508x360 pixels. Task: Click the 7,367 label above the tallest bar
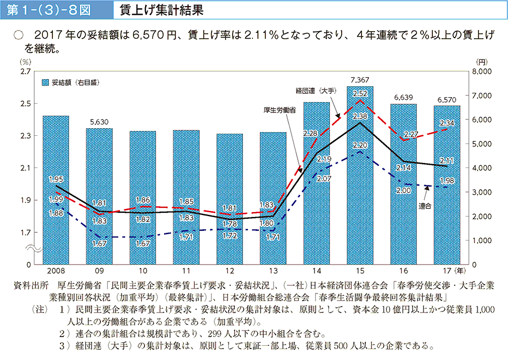(x=360, y=80)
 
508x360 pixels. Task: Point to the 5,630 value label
(x=99, y=123)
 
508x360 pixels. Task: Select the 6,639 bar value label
(x=403, y=98)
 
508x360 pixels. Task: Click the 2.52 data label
(x=360, y=93)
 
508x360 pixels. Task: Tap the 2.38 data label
(x=360, y=116)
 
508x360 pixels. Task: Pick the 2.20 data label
(x=360, y=145)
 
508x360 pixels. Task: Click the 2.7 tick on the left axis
(x=25, y=71)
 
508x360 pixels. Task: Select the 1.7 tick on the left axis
(x=25, y=233)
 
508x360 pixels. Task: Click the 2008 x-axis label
(x=56, y=271)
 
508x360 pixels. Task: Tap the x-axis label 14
(x=316, y=271)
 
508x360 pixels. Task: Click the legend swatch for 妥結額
(x=46, y=83)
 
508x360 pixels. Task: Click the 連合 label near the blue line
(x=425, y=206)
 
